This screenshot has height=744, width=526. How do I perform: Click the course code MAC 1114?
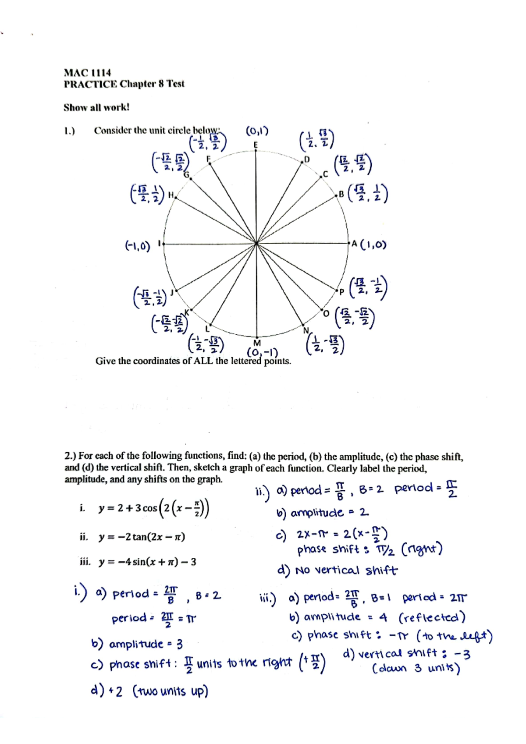tap(87, 73)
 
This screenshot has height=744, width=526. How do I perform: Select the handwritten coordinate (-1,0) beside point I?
tap(138, 246)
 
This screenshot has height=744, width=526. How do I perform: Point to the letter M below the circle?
tap(257, 343)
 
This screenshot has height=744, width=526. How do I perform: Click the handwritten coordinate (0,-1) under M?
tap(262, 352)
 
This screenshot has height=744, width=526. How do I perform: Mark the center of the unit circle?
tap(256, 244)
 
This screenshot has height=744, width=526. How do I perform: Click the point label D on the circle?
tap(307, 159)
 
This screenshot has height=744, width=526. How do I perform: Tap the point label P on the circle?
tap(341, 291)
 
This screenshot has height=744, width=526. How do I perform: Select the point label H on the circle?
tap(171, 195)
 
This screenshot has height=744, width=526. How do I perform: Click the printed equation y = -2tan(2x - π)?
tap(141, 537)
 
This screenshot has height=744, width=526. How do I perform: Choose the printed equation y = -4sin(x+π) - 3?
tap(147, 562)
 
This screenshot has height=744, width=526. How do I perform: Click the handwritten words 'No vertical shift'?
tap(346, 570)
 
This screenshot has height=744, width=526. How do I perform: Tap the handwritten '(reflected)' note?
tap(432, 617)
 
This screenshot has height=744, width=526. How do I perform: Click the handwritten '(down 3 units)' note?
tap(416, 669)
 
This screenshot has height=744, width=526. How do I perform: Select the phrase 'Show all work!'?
tap(96, 107)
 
